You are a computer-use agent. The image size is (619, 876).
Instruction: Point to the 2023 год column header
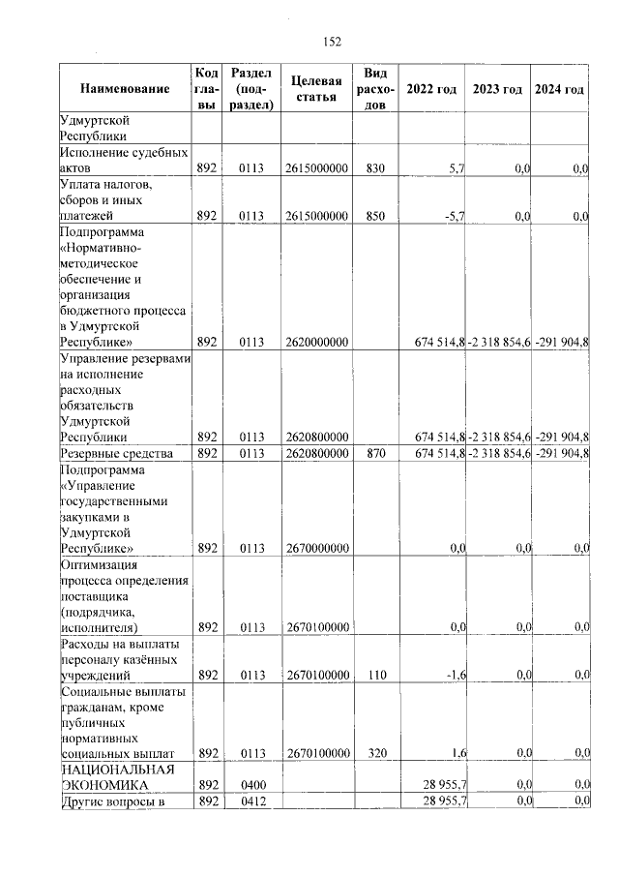pyautogui.click(x=497, y=89)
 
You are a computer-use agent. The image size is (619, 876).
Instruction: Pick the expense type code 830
pyautogui.click(x=376, y=168)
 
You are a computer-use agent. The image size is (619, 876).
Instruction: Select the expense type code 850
pyautogui.click(x=376, y=216)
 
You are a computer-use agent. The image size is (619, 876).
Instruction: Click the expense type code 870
pyautogui.click(x=376, y=453)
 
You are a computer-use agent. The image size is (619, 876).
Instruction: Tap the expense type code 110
pyautogui.click(x=376, y=674)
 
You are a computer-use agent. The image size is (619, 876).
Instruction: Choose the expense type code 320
pyautogui.click(x=376, y=752)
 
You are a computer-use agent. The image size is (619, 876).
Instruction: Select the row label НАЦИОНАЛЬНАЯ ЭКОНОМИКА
pyautogui.click(x=116, y=776)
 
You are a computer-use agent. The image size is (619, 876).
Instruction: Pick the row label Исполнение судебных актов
pyautogui.click(x=122, y=160)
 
